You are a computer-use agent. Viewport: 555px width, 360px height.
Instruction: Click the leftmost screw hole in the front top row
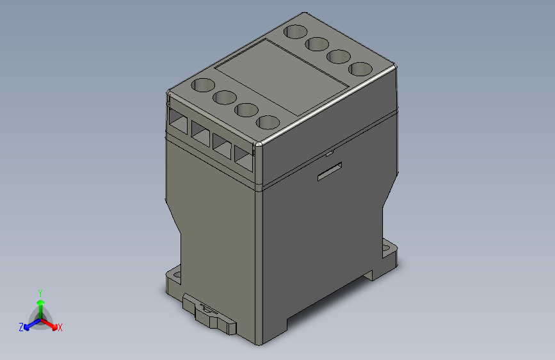pos(204,85)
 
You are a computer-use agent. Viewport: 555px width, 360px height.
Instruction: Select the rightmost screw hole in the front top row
pos(269,122)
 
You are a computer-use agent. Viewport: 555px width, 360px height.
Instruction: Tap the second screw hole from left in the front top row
pos(225,97)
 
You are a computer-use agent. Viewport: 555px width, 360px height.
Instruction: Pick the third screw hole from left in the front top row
pos(246,110)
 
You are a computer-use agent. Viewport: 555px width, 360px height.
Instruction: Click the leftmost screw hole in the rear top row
pos(295,31)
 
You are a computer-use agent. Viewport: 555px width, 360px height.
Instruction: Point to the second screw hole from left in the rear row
pos(317,44)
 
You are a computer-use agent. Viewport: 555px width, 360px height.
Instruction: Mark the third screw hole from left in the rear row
pos(338,56)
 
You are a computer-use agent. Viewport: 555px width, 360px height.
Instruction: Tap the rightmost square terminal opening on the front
pos(244,158)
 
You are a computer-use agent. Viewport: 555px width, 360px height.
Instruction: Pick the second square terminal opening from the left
pos(200,132)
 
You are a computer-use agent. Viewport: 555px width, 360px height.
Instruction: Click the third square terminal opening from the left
pos(222,145)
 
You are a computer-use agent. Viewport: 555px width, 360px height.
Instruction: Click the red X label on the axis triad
pos(60,327)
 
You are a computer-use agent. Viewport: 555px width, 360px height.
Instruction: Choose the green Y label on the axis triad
pos(40,291)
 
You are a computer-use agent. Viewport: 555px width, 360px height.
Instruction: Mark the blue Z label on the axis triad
pos(21,327)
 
